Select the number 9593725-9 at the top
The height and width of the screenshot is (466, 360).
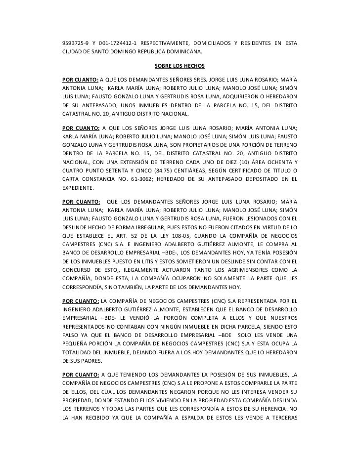[x=74, y=43]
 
